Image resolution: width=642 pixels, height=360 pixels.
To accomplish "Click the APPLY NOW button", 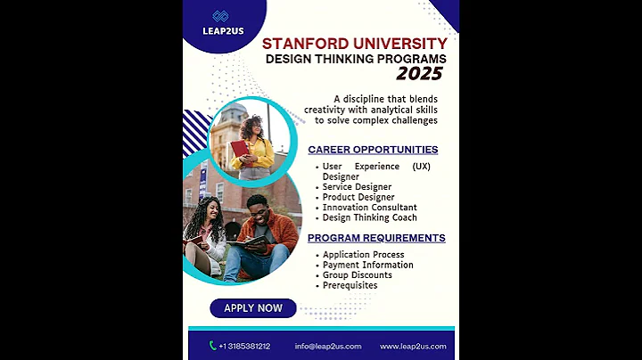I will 252,308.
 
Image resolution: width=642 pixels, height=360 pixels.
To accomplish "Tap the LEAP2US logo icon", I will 221,16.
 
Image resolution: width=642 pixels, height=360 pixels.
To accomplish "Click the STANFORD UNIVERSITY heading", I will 354,43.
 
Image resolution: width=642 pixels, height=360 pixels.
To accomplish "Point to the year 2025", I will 419,74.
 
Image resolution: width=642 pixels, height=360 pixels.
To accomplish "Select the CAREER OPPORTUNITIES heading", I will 373,150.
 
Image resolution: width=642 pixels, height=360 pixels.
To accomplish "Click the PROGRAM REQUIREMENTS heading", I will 376,238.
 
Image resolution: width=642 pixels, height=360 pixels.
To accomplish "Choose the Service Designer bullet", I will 357,187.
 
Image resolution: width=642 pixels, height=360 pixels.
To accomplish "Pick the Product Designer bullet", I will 358,197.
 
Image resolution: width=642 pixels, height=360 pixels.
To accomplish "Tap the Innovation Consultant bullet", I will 368,208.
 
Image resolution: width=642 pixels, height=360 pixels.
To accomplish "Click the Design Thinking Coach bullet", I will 369,217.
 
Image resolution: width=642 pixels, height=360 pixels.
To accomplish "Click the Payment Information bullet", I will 367,265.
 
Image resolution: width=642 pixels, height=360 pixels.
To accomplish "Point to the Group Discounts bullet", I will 357,275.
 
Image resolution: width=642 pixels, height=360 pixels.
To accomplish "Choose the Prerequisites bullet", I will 350,285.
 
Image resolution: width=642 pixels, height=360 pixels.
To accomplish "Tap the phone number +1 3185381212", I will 244,346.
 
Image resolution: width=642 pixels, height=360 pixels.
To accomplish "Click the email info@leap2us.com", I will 328,346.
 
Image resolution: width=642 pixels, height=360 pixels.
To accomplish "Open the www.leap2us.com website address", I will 413,346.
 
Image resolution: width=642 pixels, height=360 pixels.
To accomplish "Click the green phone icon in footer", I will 212,346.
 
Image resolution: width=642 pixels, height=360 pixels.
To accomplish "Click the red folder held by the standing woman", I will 239,148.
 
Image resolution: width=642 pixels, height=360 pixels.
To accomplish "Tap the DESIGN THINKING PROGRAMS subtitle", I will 355,59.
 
